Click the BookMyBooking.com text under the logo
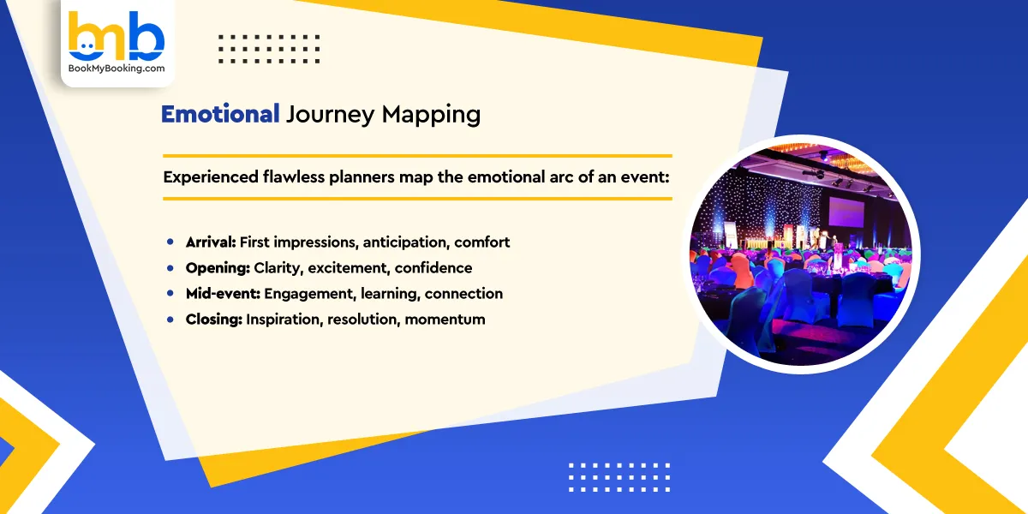117,69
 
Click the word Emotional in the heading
220,114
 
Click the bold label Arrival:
211,242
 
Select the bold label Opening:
218,268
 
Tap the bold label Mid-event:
223,294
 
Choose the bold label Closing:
214,320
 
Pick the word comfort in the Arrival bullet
482,242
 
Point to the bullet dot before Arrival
170,243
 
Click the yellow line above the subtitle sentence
417,156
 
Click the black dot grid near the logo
269,49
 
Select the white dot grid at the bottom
619,477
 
